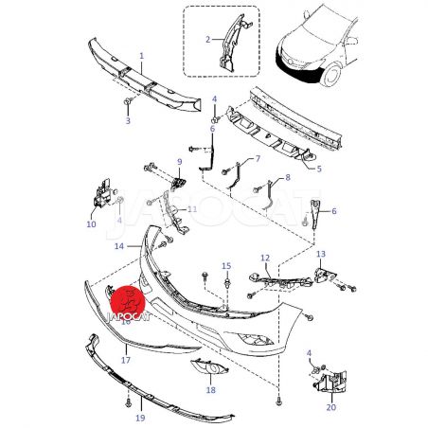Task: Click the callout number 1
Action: click(x=142, y=56)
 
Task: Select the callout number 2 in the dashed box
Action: click(x=207, y=40)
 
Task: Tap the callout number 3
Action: click(x=128, y=120)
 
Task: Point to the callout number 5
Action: click(x=319, y=169)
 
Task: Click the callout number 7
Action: click(x=258, y=158)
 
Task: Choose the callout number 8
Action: click(x=288, y=177)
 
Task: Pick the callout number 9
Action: click(x=180, y=162)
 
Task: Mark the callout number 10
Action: click(x=91, y=224)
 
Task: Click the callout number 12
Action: click(x=265, y=259)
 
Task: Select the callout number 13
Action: click(x=321, y=254)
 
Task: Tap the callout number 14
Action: click(x=119, y=246)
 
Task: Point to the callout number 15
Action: click(x=226, y=266)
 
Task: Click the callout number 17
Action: click(x=126, y=360)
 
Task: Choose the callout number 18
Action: click(x=211, y=390)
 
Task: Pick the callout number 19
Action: click(x=140, y=419)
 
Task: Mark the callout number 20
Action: click(x=331, y=407)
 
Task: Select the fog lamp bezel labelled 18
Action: click(x=209, y=366)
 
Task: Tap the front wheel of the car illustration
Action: click(x=331, y=75)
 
